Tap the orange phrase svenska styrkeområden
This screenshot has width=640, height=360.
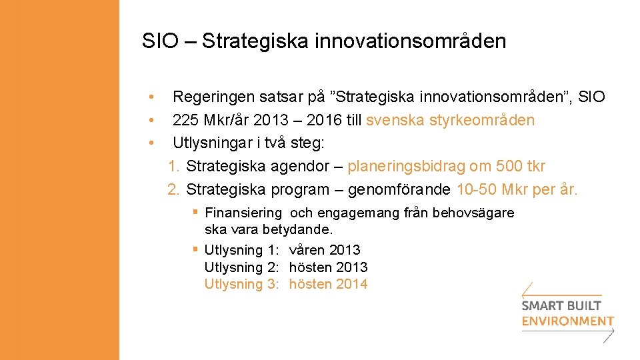451,121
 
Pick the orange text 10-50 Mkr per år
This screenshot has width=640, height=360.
517,189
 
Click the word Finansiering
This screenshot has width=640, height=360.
243,213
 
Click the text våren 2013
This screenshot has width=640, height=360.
325,250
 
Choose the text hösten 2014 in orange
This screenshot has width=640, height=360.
328,284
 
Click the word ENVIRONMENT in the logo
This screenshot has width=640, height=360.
567,321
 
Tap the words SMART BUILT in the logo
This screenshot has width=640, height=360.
561,306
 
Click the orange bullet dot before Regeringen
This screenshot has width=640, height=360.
152,97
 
